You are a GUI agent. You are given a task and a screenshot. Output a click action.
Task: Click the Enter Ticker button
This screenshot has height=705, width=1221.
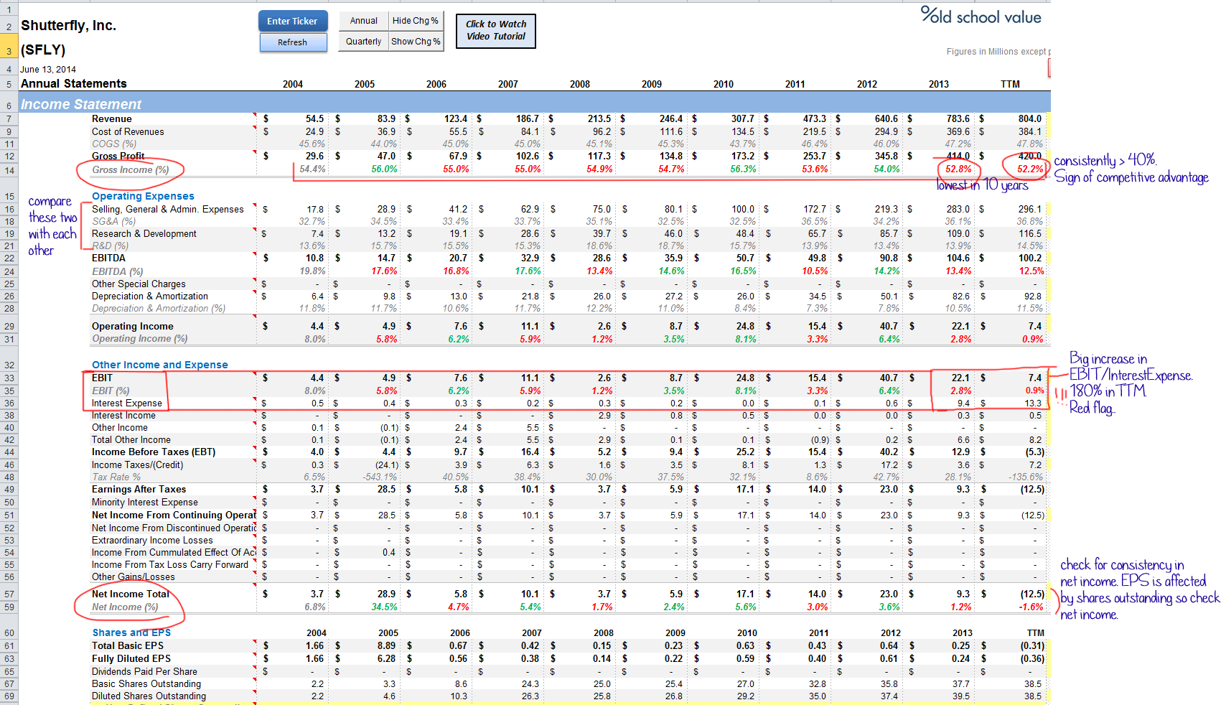[292, 21]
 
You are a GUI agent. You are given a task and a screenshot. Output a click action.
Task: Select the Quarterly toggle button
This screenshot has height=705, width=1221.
[363, 42]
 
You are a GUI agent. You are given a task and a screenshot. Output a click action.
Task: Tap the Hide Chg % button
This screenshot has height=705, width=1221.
[416, 21]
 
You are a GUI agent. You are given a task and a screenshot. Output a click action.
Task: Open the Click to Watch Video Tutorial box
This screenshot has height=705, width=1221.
[495, 30]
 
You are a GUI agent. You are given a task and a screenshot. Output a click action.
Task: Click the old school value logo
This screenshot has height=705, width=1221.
[981, 16]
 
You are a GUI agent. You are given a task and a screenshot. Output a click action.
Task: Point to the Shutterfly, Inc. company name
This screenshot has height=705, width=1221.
[68, 26]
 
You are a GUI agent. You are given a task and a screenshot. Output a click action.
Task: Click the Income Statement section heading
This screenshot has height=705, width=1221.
[81, 104]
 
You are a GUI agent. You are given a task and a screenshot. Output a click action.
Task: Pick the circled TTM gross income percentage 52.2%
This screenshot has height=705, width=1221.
[1029, 169]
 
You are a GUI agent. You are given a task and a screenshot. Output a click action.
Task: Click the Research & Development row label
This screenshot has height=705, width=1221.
[144, 234]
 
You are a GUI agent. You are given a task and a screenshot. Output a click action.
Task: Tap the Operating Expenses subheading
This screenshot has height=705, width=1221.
[143, 196]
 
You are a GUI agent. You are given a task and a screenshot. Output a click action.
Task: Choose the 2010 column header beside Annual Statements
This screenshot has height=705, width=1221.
[723, 84]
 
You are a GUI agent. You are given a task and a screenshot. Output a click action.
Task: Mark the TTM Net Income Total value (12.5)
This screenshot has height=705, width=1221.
[1032, 594]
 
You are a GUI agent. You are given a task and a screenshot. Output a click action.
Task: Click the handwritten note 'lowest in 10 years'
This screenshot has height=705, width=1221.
[982, 185]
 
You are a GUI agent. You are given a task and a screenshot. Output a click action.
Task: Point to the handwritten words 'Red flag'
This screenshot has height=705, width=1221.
[1091, 408]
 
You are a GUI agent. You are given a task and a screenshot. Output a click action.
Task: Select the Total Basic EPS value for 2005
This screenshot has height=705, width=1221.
[386, 646]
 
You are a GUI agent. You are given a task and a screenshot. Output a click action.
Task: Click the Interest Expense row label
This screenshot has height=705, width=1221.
[127, 403]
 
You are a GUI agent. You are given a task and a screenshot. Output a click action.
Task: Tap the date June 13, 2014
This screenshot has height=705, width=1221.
[48, 70]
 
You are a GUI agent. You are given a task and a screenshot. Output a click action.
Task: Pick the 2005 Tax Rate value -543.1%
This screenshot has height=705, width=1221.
[380, 477]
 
